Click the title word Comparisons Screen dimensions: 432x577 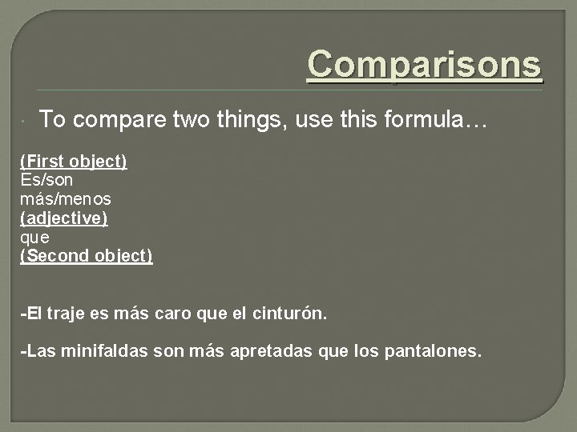click(425, 65)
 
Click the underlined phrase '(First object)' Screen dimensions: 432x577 click(74, 161)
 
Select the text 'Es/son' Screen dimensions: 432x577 click(46, 180)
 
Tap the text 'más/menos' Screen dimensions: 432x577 click(66, 199)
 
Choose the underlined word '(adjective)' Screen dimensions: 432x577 click(64, 218)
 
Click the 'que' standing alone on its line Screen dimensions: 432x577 click(34, 238)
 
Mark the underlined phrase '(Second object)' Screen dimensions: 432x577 click(87, 257)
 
